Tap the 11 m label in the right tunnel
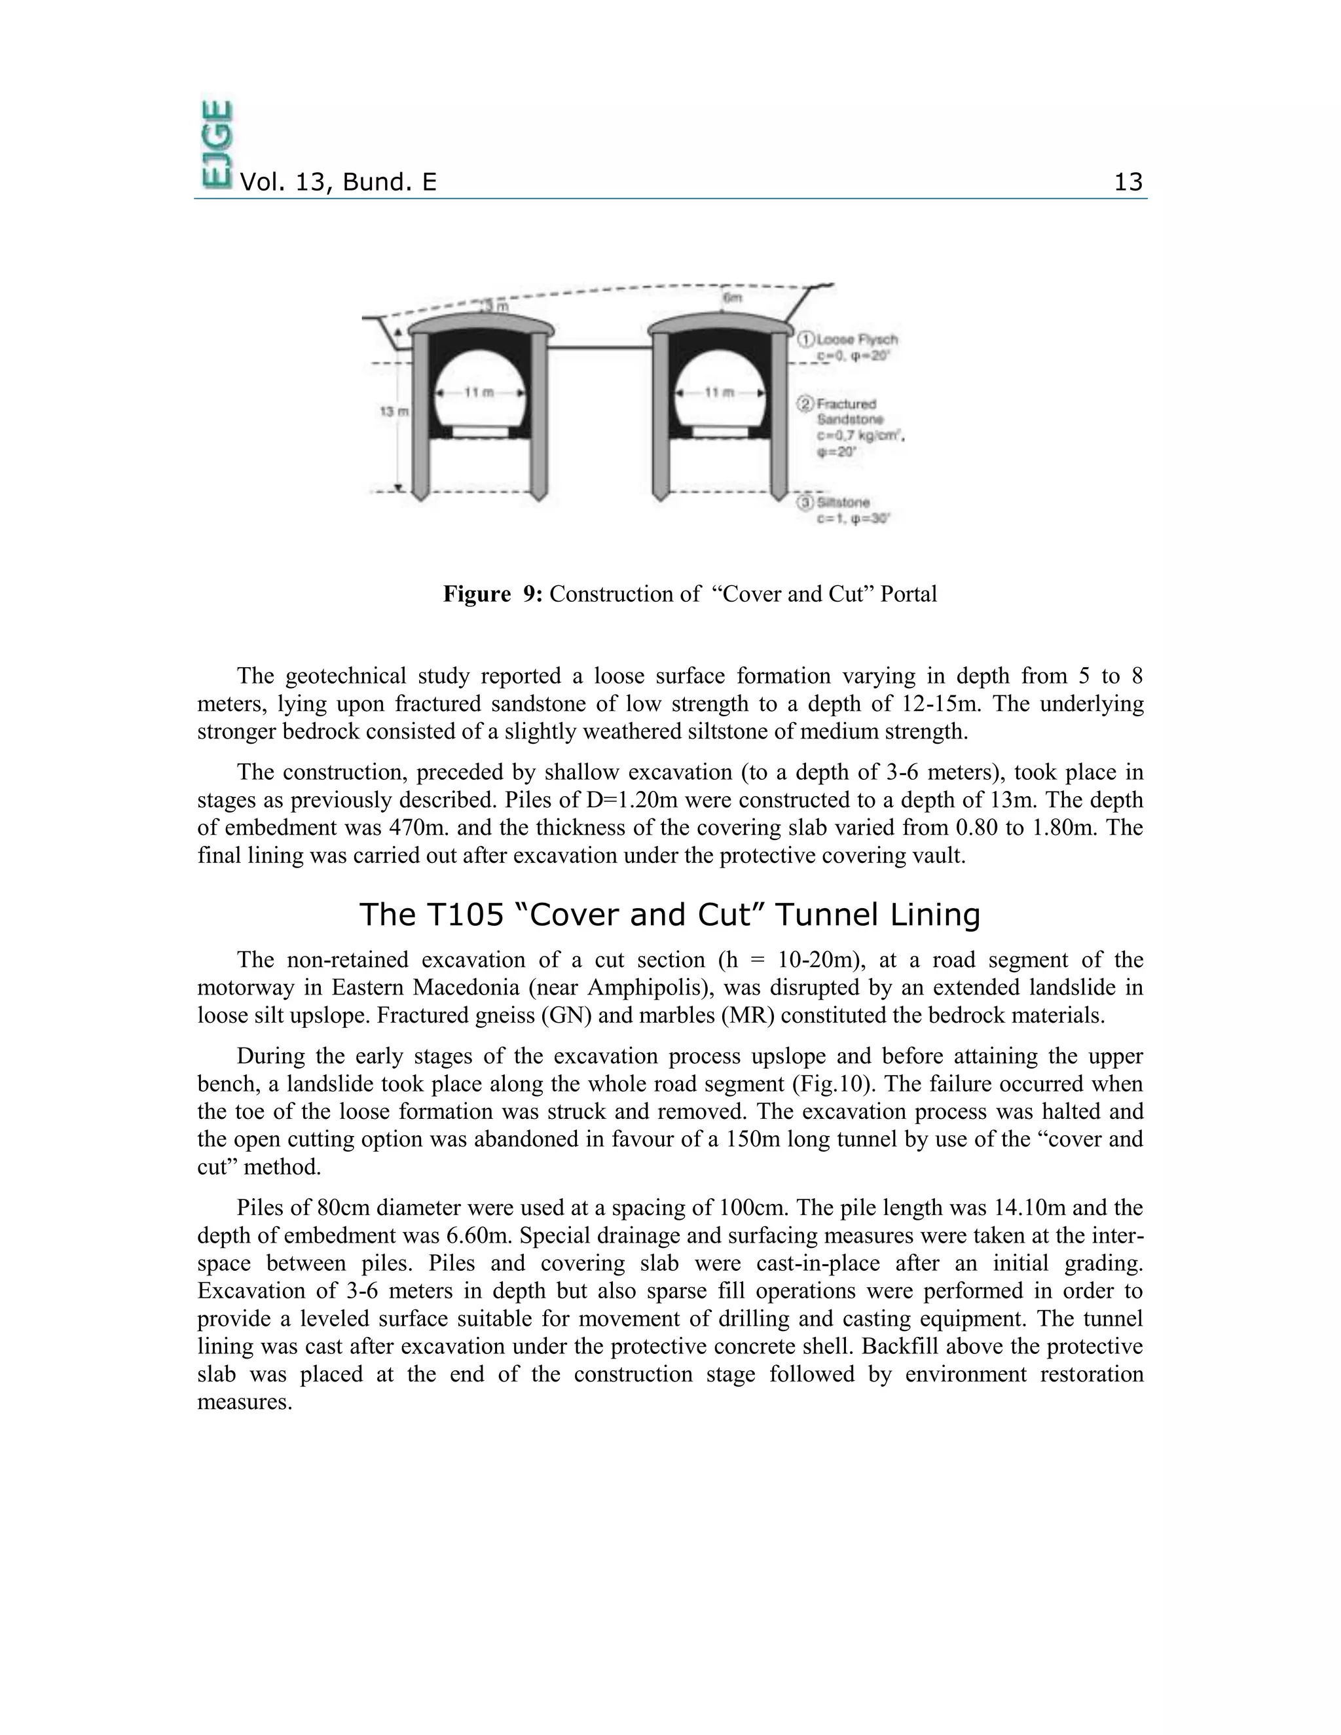tap(720, 392)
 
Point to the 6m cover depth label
tap(733, 298)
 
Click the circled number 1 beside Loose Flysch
tap(806, 339)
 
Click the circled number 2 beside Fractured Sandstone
tap(806, 405)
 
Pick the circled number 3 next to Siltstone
tap(806, 503)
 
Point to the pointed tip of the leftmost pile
tap(420, 498)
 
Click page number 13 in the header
tap(1128, 183)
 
